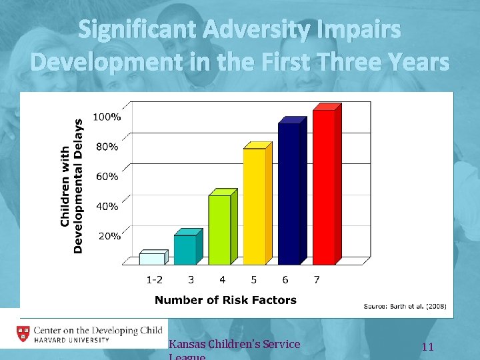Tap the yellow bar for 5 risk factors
pos(255,206)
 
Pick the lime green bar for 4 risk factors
pos(220,229)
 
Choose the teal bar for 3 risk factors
pos(185,249)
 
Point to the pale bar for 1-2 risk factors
pos(151,258)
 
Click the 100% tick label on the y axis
pos(107,117)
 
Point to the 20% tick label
pos(109,235)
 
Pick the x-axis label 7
pos(316,279)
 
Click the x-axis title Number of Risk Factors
pos(225,300)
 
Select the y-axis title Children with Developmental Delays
pos(71,186)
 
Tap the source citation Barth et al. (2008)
pos(405,307)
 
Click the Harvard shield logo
pos(22,334)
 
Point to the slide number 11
pos(428,347)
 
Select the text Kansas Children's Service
pos(235,345)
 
